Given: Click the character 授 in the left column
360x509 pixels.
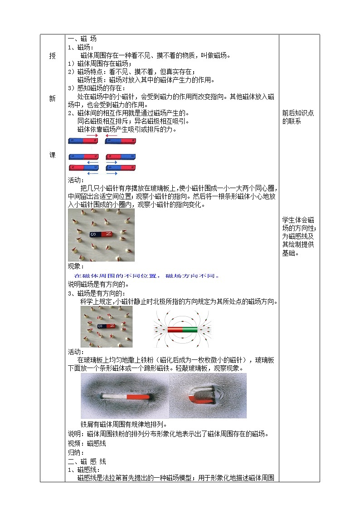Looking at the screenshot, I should [53, 56].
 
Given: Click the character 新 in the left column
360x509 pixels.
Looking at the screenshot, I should [53, 99].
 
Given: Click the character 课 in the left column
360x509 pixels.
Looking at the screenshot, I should [53, 155].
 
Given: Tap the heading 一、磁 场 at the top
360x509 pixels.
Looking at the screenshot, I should [82, 39].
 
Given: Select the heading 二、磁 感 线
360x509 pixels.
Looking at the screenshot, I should [87, 461].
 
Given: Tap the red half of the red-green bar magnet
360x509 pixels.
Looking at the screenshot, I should [175, 330].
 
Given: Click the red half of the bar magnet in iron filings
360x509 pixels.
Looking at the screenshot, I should [138, 397].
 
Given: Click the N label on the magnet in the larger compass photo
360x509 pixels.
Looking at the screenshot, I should [108, 234].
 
